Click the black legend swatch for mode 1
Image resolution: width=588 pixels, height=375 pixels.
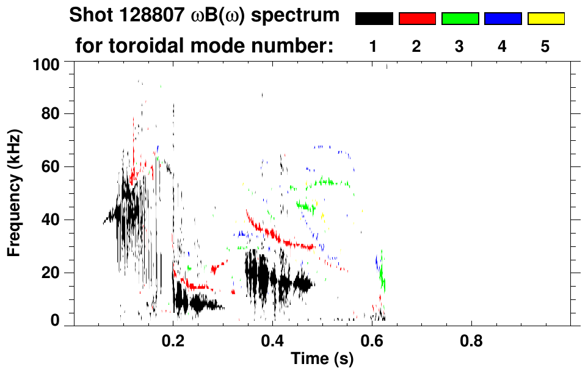click(374, 19)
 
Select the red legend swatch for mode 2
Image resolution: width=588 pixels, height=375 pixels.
click(417, 19)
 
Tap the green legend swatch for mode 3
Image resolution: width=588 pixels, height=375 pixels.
click(460, 19)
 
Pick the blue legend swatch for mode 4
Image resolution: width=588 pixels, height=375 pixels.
click(503, 19)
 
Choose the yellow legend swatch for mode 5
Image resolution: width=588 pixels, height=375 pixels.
click(545, 19)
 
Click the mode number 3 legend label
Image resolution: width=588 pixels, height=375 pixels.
click(460, 46)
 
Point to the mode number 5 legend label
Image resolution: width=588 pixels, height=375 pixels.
click(545, 46)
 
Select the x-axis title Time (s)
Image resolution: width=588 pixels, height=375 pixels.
click(322, 359)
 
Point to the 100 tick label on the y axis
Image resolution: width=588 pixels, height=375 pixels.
click(47, 63)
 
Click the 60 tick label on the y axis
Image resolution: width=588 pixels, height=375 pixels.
click(51, 166)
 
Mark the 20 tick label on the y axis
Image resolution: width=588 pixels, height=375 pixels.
click(51, 273)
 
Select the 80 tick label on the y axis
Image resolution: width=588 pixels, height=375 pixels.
click(51, 114)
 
